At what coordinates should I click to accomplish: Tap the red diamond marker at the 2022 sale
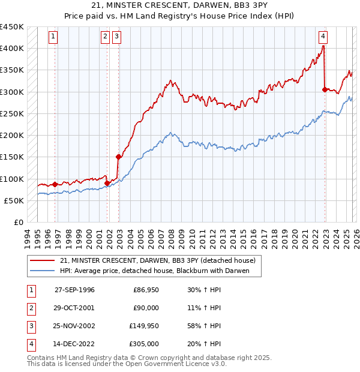point(325,89)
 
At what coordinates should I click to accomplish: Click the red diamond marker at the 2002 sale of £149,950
point(119,157)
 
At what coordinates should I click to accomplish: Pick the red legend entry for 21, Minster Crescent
point(158,260)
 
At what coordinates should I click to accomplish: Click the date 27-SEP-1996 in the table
point(74,290)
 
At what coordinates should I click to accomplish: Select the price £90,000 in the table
point(146,308)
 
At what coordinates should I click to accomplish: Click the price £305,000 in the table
point(144,344)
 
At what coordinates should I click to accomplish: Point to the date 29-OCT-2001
point(74,308)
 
